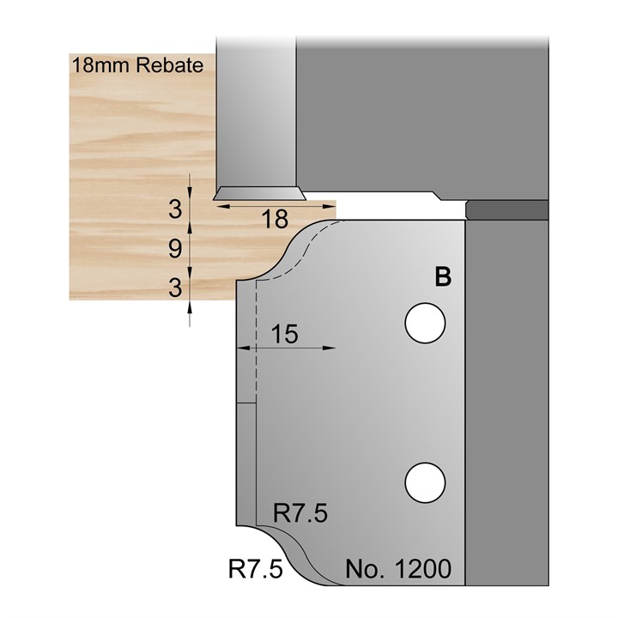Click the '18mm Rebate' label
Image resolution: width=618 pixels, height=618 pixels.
(137, 65)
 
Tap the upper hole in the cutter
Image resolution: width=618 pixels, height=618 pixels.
(426, 324)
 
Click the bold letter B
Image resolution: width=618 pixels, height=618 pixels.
(443, 276)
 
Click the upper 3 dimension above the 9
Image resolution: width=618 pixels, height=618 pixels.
(174, 209)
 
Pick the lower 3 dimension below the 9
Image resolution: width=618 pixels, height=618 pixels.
(174, 287)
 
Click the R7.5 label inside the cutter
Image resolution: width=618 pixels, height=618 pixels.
(300, 513)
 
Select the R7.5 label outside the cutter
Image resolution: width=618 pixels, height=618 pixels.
(256, 569)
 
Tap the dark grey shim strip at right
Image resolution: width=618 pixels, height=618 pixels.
(506, 209)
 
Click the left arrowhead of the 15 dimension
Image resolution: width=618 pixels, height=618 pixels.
(241, 348)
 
